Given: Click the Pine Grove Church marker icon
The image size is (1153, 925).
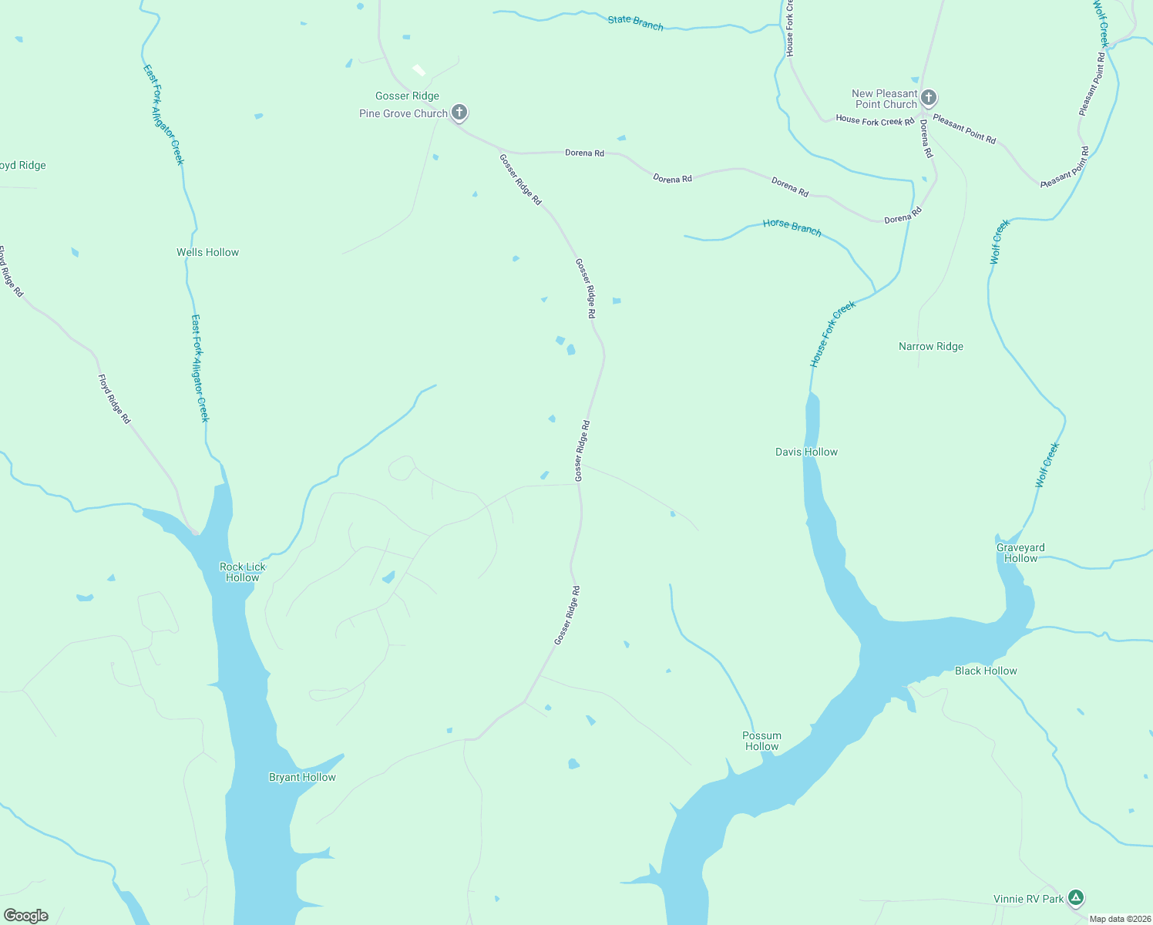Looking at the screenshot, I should (x=459, y=113).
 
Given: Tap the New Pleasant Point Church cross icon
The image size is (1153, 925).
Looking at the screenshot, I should (x=929, y=98).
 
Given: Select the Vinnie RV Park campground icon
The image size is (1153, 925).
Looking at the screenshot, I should (x=1076, y=898).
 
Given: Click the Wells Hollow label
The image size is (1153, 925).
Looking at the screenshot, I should (x=207, y=252).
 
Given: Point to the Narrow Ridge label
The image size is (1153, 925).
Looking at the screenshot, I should (x=930, y=347).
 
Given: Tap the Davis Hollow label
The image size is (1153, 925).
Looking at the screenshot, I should (x=806, y=452).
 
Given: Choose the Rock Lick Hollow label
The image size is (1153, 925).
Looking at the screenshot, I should (x=242, y=572).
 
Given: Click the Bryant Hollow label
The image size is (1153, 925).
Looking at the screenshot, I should (x=302, y=777).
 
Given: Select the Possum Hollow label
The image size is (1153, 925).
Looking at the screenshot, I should (x=761, y=741).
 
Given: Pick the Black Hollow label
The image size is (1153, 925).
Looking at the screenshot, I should (x=986, y=671).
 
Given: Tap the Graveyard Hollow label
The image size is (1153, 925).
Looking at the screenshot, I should (x=1020, y=553).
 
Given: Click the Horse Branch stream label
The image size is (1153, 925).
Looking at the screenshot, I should (x=792, y=227).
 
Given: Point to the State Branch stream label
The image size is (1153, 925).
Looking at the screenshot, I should (x=635, y=23).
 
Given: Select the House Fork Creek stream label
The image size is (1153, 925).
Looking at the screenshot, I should (x=832, y=334).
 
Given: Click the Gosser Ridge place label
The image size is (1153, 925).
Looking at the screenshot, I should (x=407, y=96).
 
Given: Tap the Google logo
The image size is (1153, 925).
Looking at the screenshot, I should (x=26, y=916).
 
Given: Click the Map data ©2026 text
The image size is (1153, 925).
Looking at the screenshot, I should (x=1119, y=919).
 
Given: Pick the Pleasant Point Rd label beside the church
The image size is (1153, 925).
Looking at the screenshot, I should (x=964, y=129).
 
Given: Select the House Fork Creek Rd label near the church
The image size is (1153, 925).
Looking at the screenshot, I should (x=875, y=120).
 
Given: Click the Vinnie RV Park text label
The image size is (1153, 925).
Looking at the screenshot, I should (x=1028, y=899).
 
